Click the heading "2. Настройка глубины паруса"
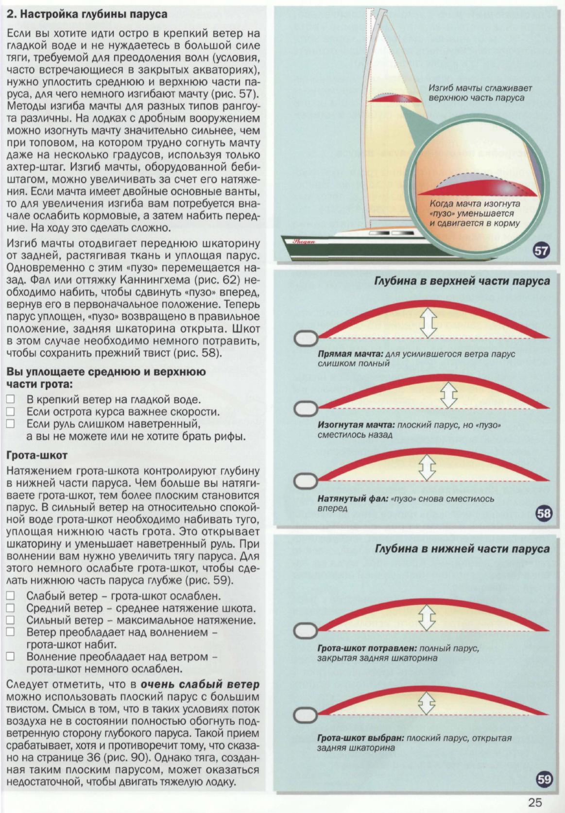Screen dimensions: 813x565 coord(87,14)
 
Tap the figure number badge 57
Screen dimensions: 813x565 coord(541,251)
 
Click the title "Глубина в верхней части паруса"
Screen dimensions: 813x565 coord(462,281)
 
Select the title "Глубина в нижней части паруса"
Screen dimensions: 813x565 coord(462,549)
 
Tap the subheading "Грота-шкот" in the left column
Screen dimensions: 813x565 coord(37,455)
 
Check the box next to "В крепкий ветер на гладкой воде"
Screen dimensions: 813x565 coord(11,400)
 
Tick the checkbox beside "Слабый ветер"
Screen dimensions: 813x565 coord(11,596)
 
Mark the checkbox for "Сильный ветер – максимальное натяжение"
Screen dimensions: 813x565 coord(11,620)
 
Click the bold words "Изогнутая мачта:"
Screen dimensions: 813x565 coord(356,425)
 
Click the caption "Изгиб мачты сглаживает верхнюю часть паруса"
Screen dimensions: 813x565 coord(480,93)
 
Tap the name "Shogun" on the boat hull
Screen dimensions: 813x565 coord(304,241)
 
